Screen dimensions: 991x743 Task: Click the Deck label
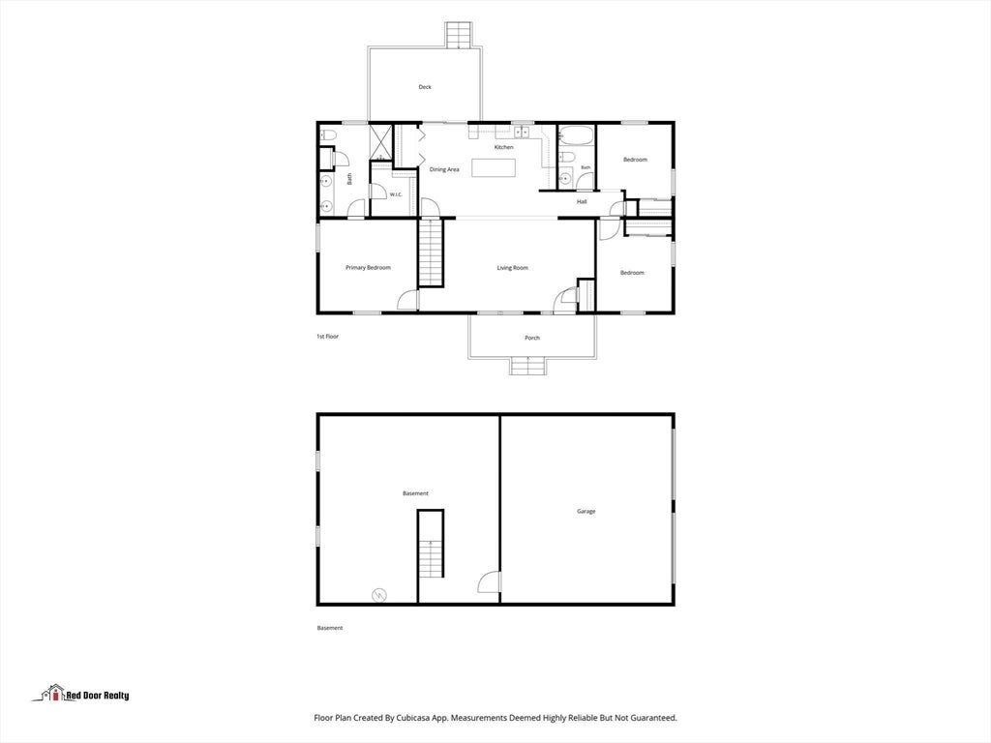pyautogui.click(x=425, y=87)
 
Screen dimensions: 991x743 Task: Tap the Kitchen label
pyautogui.click(x=503, y=147)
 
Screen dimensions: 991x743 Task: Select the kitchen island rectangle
pyautogui.click(x=494, y=168)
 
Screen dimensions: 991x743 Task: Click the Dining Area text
pyautogui.click(x=444, y=169)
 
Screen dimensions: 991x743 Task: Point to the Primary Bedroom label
pyautogui.click(x=368, y=268)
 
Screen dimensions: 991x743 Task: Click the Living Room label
pyautogui.click(x=512, y=268)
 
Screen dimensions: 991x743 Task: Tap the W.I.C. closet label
pyautogui.click(x=396, y=194)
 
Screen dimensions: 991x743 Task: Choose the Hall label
pyautogui.click(x=582, y=201)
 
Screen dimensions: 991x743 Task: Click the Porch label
pyautogui.click(x=532, y=338)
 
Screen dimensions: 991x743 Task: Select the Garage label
pyautogui.click(x=586, y=511)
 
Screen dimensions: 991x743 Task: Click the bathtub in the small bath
pyautogui.click(x=576, y=134)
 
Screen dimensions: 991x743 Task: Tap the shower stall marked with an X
pyautogui.click(x=379, y=141)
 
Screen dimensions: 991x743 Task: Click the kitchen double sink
pyautogui.click(x=522, y=132)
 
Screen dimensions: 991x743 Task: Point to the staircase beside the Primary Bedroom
pyautogui.click(x=431, y=253)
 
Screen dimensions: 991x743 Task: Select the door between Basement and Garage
pyautogui.click(x=489, y=581)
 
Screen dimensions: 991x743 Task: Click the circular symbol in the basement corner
pyautogui.click(x=379, y=595)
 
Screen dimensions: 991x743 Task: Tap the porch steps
pyautogui.click(x=527, y=366)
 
